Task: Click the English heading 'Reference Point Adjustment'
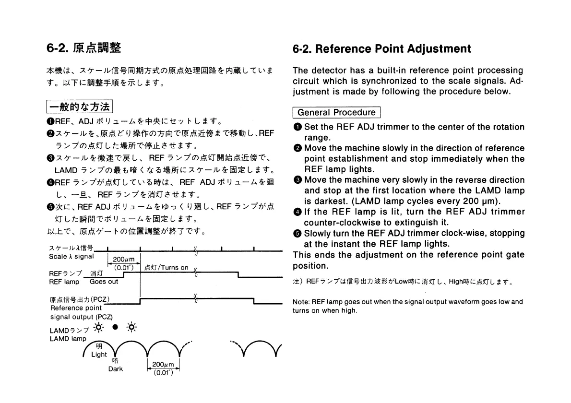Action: (393, 49)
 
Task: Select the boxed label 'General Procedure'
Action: (336, 113)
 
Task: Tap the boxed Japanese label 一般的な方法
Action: (79, 106)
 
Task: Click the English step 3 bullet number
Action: (297, 180)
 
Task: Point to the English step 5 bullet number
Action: (297, 233)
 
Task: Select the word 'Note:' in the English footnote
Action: (301, 302)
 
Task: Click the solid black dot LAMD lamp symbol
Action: (115, 327)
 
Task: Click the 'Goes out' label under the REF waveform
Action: (104, 282)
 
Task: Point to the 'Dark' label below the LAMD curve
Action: (116, 369)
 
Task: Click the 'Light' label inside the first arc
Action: (99, 355)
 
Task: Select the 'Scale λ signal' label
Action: (71, 257)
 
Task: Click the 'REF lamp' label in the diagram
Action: (65, 282)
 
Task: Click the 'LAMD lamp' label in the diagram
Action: (68, 338)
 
